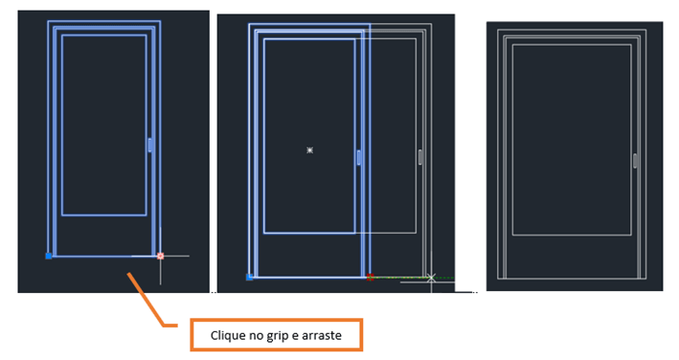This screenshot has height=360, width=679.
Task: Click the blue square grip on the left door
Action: [x=49, y=257]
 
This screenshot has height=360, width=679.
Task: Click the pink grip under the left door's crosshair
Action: [x=160, y=256]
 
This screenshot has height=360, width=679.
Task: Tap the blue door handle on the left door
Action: [x=149, y=145]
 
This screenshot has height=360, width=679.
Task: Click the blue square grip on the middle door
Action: [x=249, y=277]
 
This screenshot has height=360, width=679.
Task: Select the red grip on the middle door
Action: [x=370, y=277]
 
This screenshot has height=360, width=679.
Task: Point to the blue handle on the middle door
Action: [x=358, y=157]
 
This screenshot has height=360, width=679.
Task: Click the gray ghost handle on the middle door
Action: [x=420, y=157]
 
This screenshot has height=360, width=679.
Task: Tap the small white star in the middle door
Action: [x=309, y=150]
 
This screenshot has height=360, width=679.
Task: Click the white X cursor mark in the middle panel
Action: [x=431, y=278]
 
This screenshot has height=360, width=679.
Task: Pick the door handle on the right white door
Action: [x=635, y=161]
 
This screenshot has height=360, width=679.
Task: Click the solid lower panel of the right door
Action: [x=572, y=257]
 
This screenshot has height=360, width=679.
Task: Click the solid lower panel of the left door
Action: [x=104, y=235]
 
